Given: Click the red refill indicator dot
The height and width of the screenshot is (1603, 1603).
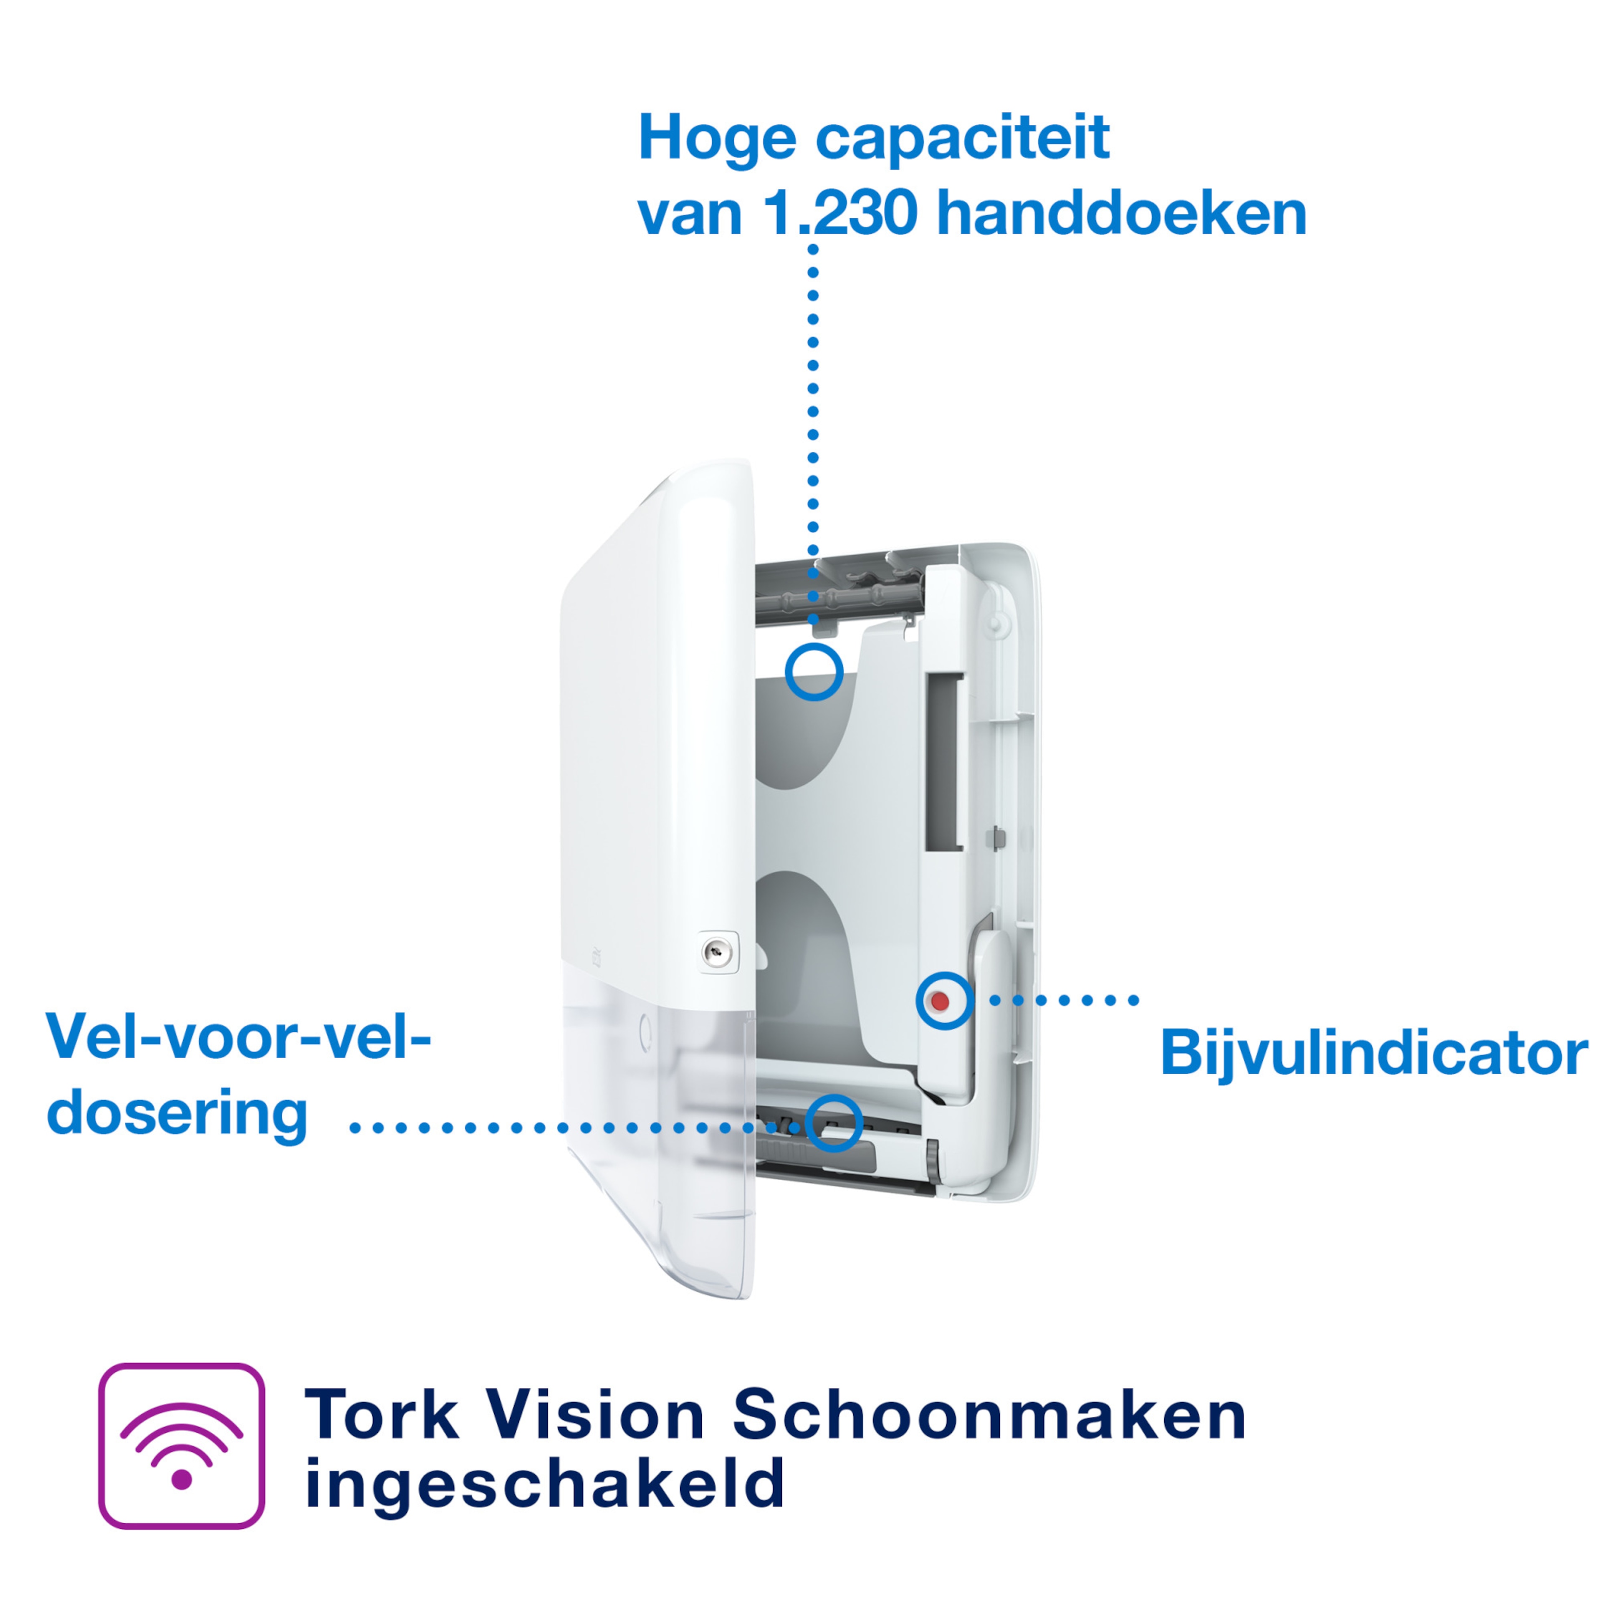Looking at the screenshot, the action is click(940, 1001).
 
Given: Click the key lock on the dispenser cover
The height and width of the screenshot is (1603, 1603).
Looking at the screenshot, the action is click(717, 952).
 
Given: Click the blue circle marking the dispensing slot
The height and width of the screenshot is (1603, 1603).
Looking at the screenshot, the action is click(834, 1123).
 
